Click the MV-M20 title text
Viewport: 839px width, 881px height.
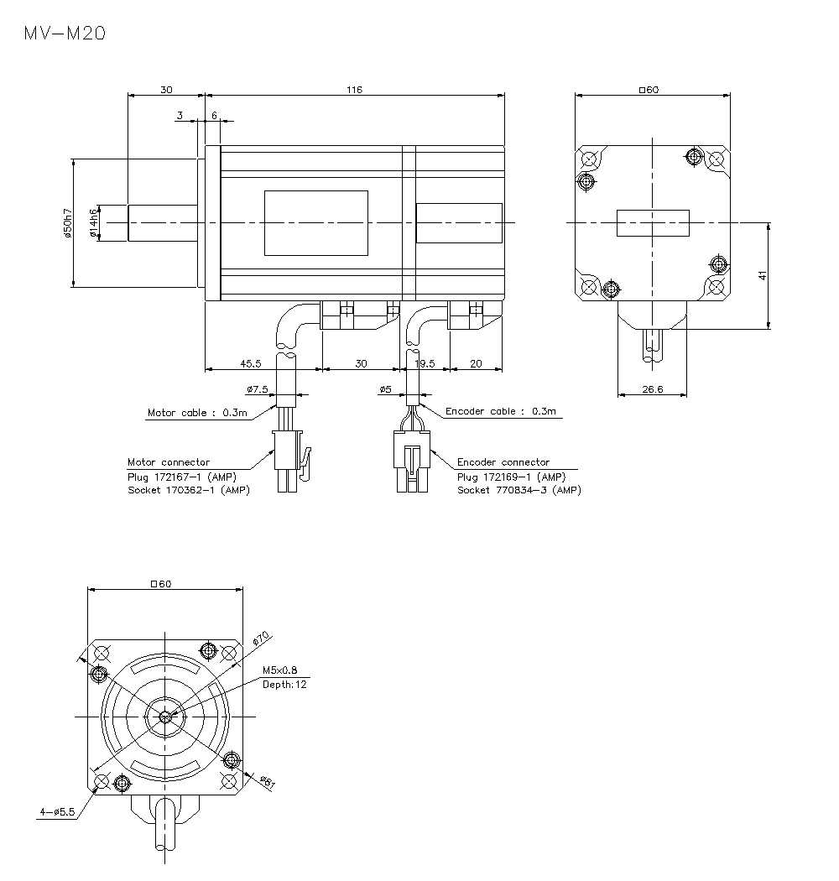65,34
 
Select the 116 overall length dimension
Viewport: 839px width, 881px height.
353,90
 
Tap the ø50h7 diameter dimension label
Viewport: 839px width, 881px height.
68,223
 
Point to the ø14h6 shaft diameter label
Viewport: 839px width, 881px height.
94,222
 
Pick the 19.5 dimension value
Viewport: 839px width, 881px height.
425,363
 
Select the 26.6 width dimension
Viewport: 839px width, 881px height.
651,388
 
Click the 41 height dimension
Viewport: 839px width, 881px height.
763,275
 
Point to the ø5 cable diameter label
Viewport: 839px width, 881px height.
386,389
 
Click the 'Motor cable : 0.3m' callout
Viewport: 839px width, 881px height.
197,413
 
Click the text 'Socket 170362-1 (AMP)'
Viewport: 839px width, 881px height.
188,490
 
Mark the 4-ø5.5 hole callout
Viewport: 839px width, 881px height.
57,812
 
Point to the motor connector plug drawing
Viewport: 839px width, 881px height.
287,461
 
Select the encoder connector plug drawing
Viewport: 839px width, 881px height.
411,462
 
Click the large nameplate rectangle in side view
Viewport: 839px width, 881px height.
316,222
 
